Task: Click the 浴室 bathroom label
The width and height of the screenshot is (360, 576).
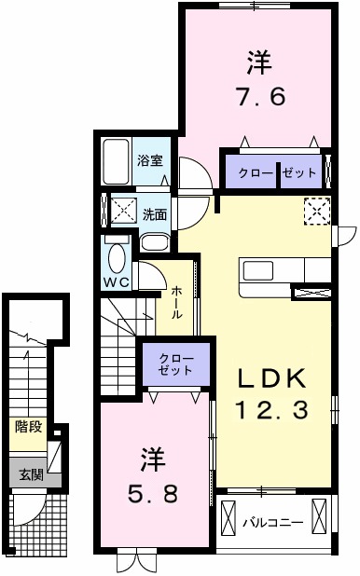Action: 149,159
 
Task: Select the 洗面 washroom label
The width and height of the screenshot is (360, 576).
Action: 155,213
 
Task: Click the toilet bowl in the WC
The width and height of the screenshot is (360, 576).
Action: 118,255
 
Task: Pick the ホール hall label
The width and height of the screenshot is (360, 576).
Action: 177,302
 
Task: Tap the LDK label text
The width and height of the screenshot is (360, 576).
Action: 270,377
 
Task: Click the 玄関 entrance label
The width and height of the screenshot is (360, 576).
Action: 30,474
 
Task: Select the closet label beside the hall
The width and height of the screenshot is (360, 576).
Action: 176,363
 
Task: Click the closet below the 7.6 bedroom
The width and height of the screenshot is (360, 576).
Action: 272,171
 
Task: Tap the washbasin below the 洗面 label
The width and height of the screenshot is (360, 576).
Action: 154,244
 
